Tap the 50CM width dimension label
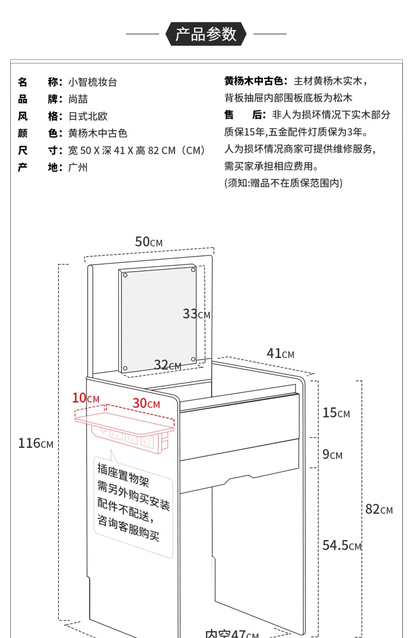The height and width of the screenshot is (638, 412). click(149, 242)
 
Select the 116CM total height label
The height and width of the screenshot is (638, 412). click(36, 443)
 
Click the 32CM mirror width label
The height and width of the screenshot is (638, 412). click(167, 365)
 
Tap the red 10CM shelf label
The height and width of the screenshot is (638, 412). click(86, 398)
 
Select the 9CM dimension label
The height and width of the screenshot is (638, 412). click(332, 454)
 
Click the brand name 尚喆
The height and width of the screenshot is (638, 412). click(78, 99)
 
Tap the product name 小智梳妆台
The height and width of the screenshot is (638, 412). click(93, 82)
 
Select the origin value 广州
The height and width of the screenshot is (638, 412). click(78, 167)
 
